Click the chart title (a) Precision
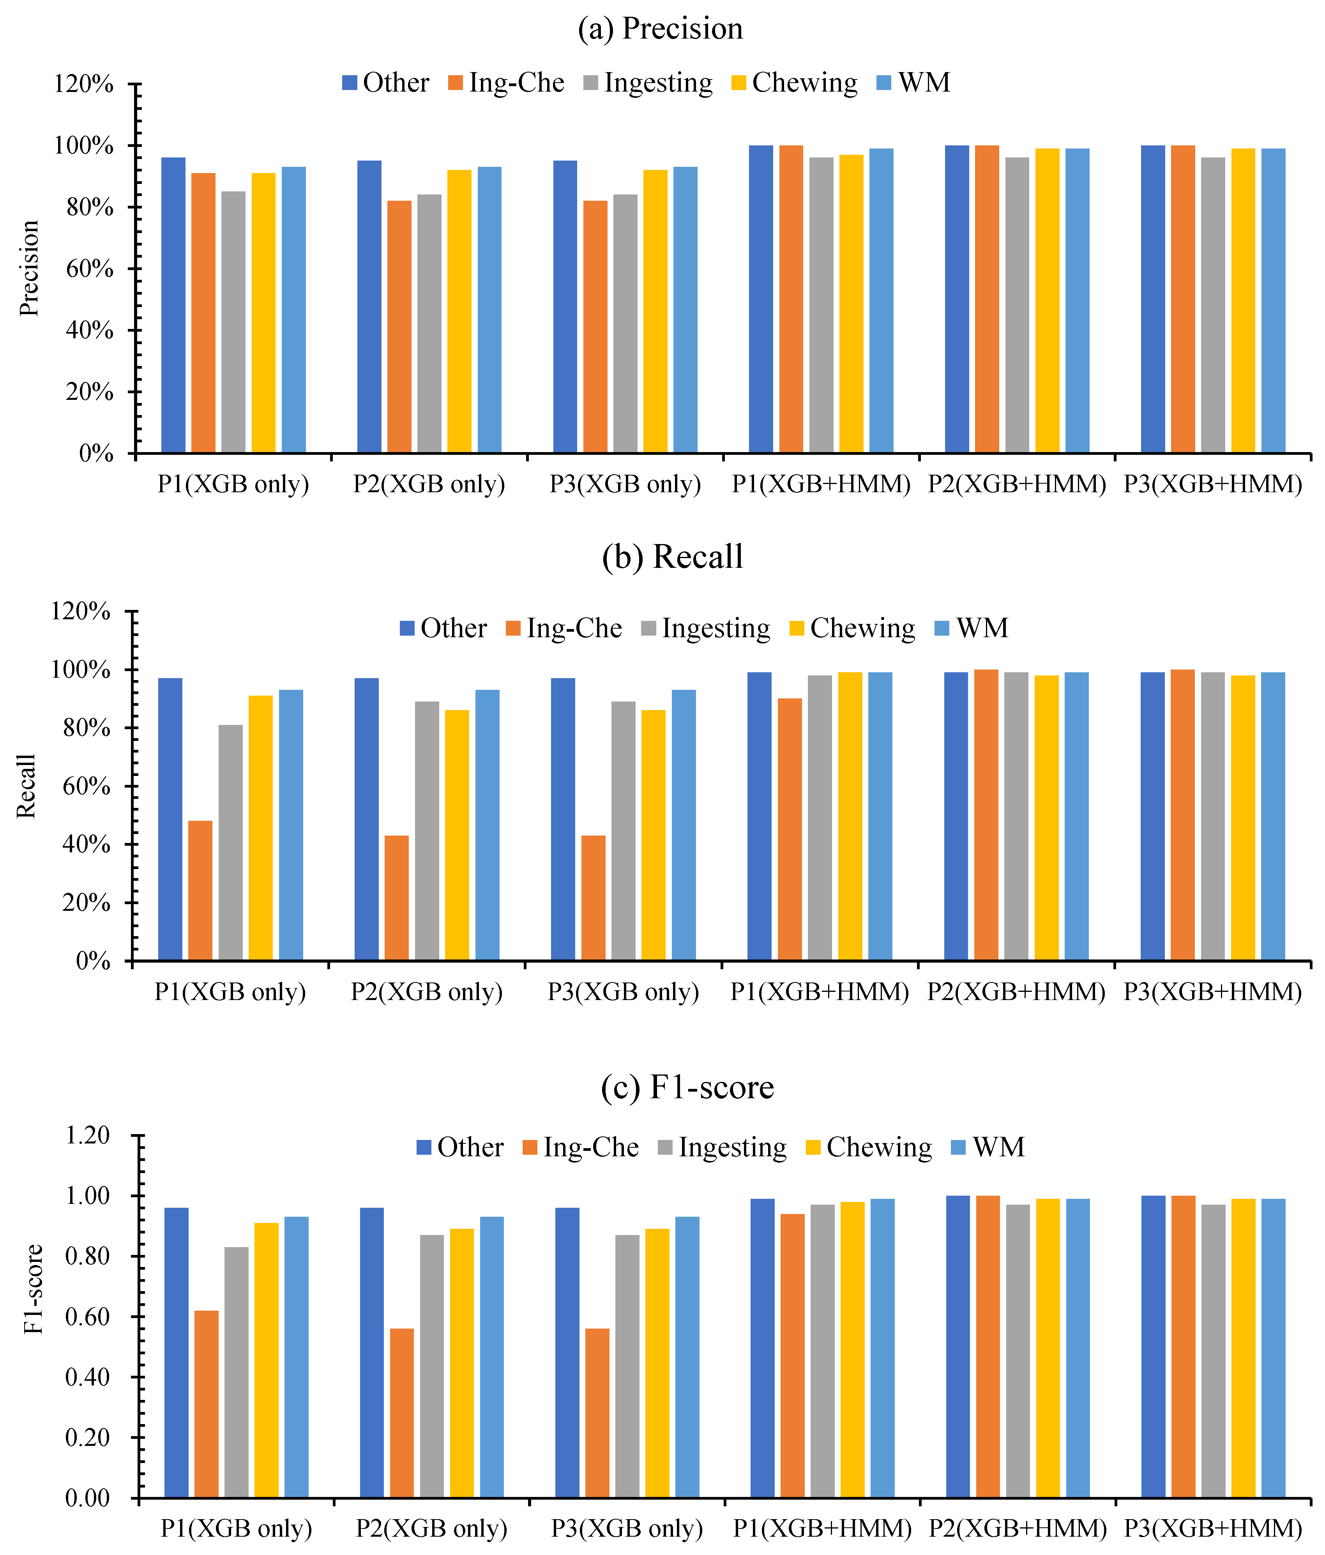point(660,28)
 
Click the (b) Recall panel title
point(672,557)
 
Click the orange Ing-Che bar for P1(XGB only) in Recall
point(200,891)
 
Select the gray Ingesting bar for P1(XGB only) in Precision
point(233,323)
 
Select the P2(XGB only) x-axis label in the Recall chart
point(427,992)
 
